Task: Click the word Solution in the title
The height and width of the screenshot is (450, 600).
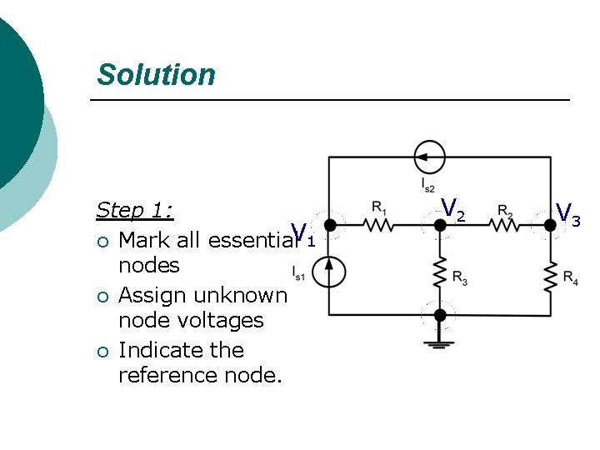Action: pos(156,74)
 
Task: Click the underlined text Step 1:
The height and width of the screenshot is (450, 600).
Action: pos(134,210)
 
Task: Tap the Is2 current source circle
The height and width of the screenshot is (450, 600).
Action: pos(430,157)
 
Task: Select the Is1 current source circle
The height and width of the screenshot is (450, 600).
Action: pos(330,271)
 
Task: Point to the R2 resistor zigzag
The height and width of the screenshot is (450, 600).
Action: pos(505,224)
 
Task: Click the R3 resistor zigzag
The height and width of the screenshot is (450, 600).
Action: pos(441,272)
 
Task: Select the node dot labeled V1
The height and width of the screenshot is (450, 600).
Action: pos(330,224)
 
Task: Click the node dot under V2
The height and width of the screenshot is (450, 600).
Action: pos(441,224)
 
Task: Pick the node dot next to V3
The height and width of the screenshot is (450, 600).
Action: pos(550,224)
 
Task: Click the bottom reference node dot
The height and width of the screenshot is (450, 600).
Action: pos(441,315)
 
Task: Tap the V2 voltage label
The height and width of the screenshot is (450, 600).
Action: pos(452,208)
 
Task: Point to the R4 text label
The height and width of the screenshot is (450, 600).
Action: pos(570,277)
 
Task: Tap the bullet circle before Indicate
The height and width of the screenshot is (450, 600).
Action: pos(102,351)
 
